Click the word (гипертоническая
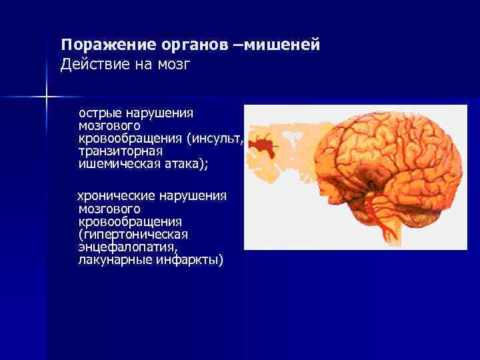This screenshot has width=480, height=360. (133, 234)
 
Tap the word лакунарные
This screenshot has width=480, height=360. (115, 259)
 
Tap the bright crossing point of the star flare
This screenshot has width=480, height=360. (46, 97)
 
